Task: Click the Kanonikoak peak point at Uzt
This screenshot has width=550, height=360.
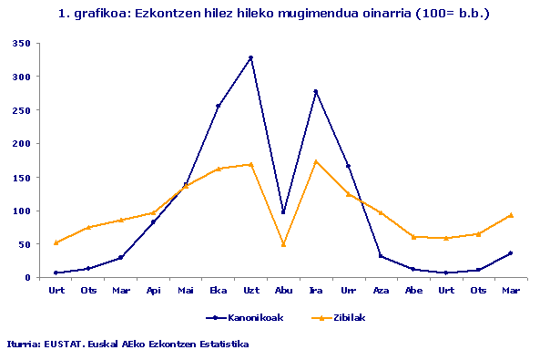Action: [250, 57]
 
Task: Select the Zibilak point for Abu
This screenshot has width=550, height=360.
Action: [283, 244]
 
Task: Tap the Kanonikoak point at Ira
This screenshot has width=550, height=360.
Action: [315, 91]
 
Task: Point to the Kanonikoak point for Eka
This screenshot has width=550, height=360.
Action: [219, 106]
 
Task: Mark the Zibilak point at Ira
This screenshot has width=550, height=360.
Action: [315, 161]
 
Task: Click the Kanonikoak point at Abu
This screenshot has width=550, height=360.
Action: [283, 212]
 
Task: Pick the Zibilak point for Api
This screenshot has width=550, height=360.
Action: [153, 212]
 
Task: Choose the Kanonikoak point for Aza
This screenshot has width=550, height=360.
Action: [381, 256]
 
